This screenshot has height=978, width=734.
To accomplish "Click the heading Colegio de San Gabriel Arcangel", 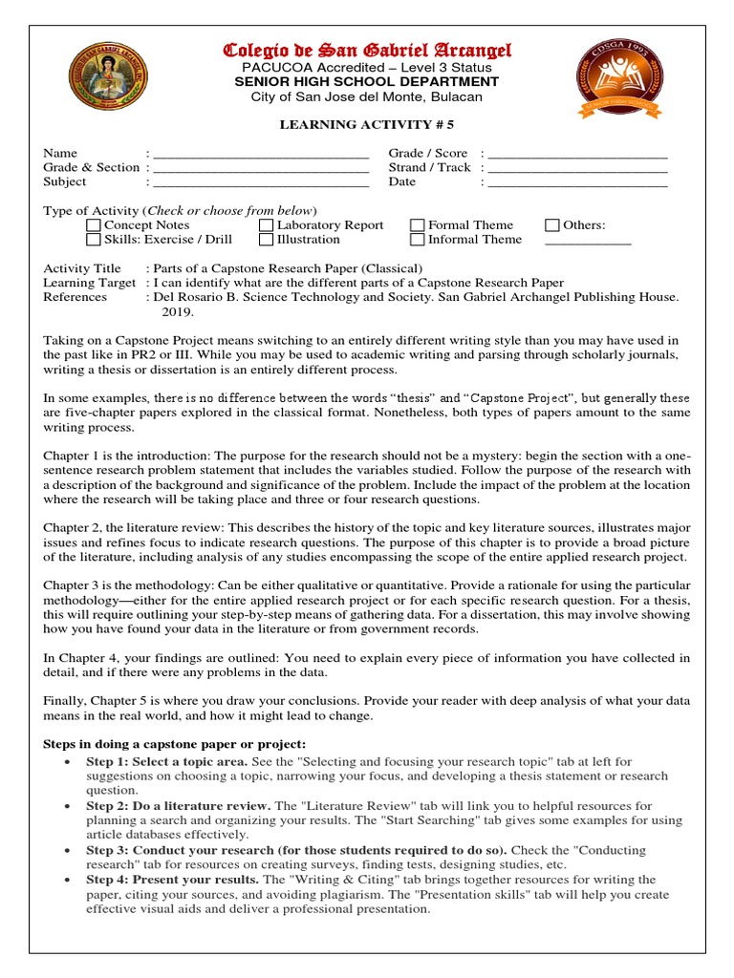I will (367, 50).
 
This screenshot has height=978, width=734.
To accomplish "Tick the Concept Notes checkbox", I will (93, 225).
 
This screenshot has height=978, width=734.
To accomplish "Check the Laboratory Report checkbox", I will (267, 225).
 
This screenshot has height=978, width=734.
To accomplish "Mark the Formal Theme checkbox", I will (418, 225).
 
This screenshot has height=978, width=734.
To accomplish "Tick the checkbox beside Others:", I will (552, 225).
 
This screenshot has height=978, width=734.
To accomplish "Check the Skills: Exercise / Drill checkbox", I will (93, 240).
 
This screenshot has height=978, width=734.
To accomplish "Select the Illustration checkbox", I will (267, 240).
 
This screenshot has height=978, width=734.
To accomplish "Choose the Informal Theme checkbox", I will (418, 240).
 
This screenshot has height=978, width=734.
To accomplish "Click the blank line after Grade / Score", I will (577, 155).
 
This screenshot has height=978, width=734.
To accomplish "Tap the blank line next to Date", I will (577, 183).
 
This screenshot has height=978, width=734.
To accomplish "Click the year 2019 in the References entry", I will (178, 311).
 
